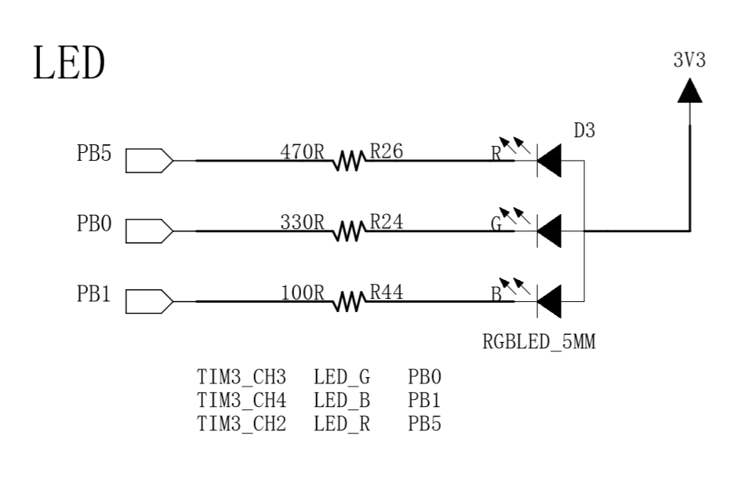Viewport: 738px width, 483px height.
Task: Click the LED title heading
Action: pos(69,63)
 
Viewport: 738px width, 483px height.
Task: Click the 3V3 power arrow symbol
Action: pos(689,90)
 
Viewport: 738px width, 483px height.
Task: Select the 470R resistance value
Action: pos(302,152)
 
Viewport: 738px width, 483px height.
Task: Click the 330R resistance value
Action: pos(302,223)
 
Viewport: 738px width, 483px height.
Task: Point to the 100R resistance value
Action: pos(302,293)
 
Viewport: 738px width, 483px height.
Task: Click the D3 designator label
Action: pos(584,131)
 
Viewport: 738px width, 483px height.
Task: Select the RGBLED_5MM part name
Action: pos(539,342)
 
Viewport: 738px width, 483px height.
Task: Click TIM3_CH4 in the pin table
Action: pos(242,401)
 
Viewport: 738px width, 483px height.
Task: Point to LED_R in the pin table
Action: pos(342,424)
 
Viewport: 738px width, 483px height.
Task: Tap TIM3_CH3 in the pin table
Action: pos(242,377)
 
